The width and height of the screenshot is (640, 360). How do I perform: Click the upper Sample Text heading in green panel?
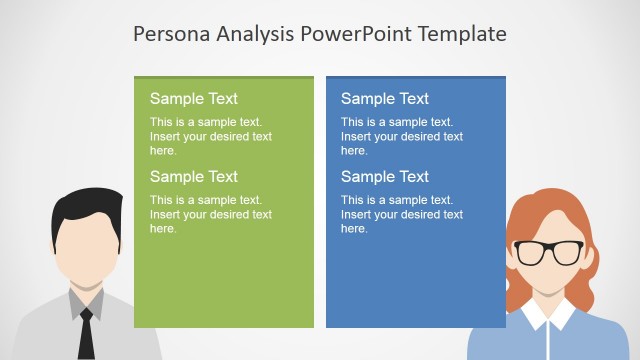[194, 98]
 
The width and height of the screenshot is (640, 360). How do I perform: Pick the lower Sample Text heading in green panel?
[194, 176]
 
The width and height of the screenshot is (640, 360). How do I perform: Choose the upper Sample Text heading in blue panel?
[385, 98]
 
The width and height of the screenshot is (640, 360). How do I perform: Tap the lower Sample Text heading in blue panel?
[385, 176]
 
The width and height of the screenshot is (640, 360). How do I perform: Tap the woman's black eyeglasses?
[548, 252]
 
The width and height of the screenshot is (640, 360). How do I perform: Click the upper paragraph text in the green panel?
[210, 136]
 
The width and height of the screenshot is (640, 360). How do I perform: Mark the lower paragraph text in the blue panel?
[401, 214]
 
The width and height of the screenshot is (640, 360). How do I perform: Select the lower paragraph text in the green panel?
[210, 214]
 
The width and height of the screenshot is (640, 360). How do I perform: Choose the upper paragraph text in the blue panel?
[401, 136]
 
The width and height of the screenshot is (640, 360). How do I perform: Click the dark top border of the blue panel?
[416, 76]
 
